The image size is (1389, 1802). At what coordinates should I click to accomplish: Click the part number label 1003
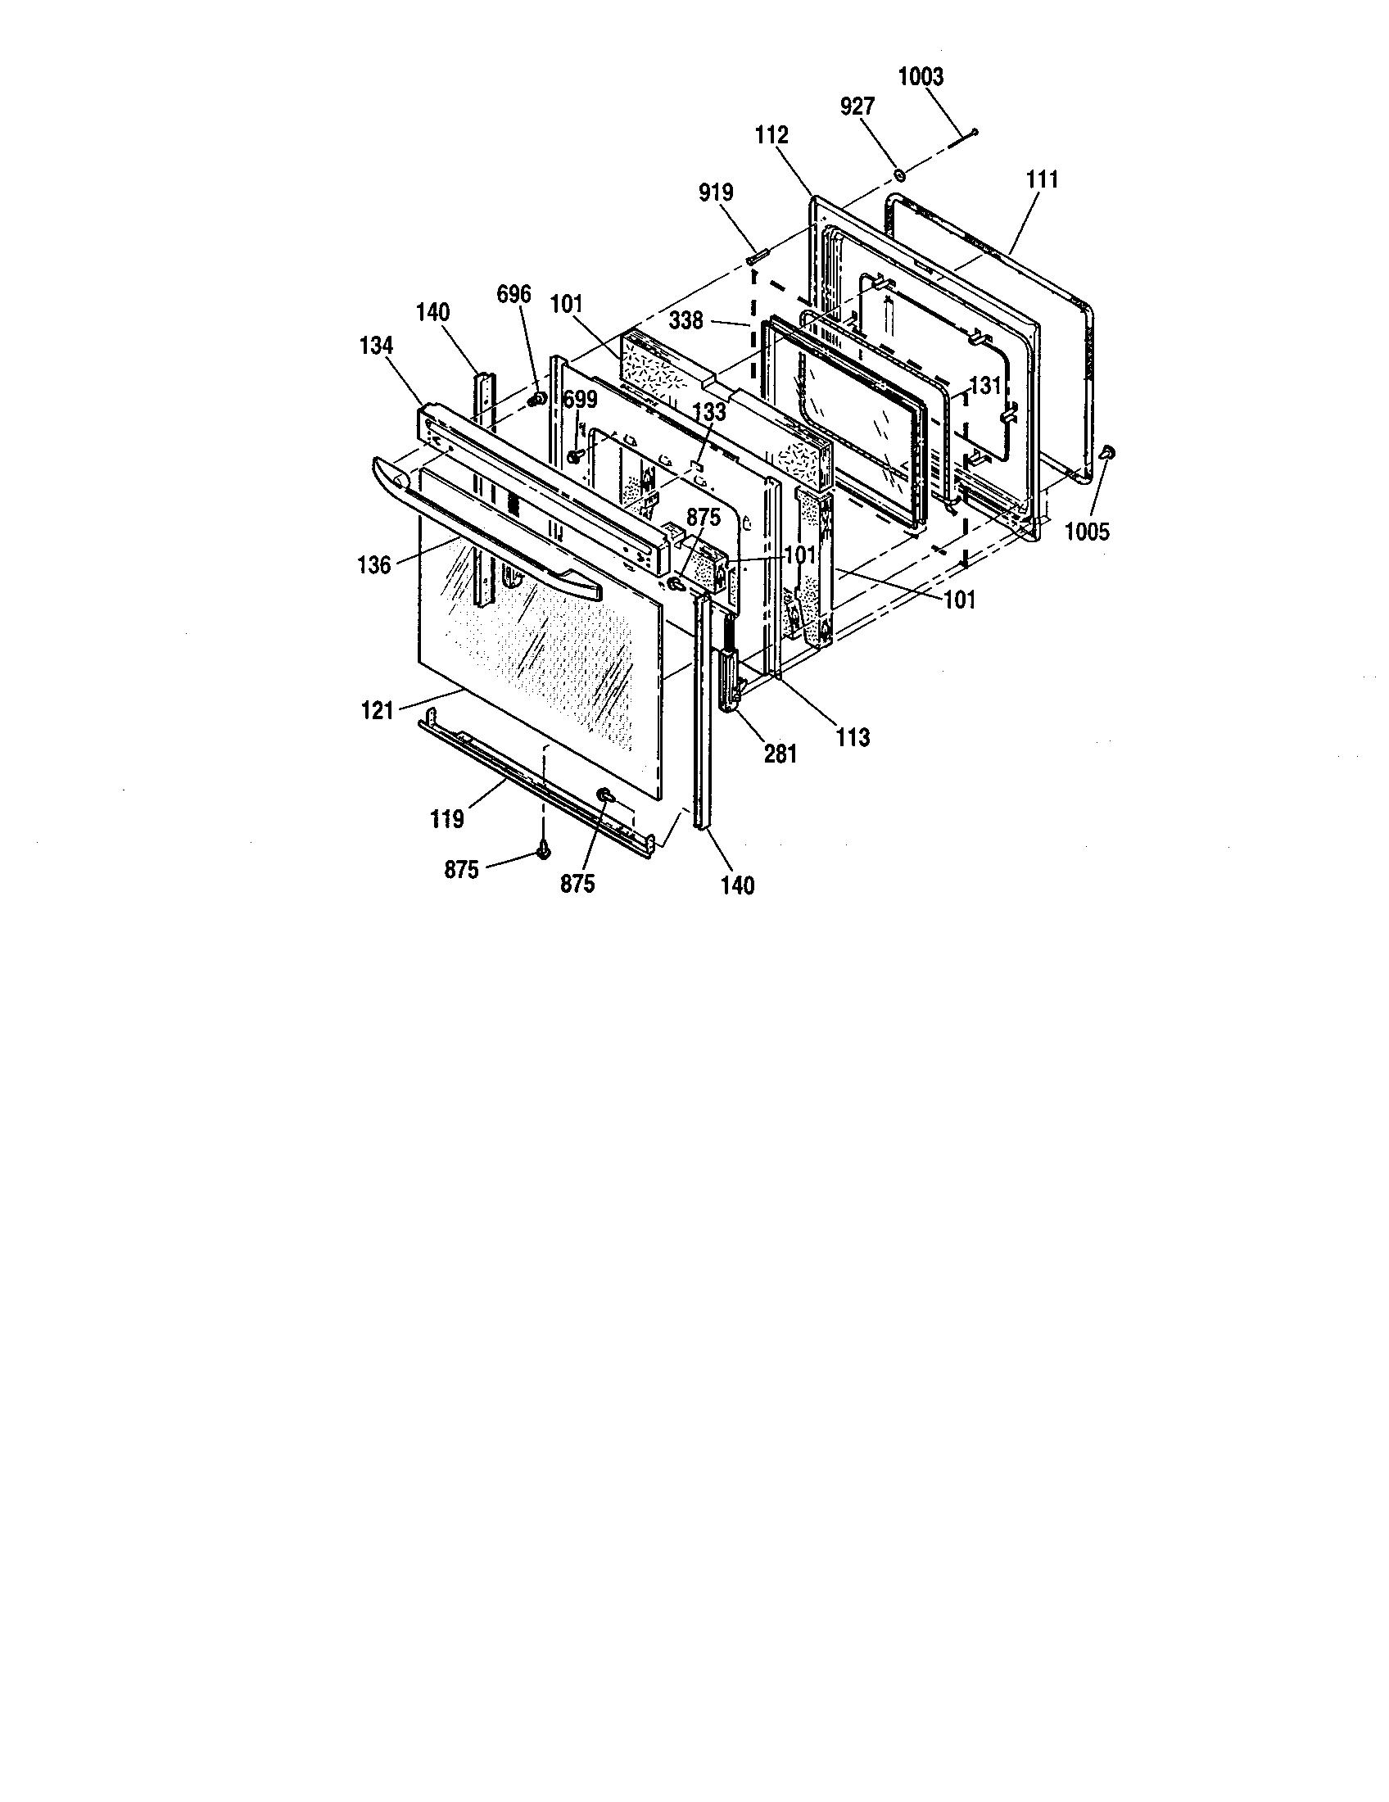click(x=920, y=77)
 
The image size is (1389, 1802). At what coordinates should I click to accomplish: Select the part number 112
click(x=771, y=134)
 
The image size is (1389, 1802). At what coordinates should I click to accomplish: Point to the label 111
click(x=1043, y=179)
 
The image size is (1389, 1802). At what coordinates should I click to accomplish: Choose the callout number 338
click(x=686, y=320)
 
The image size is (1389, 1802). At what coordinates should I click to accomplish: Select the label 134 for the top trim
click(x=376, y=346)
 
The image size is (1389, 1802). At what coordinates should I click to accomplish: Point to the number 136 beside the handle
click(x=373, y=566)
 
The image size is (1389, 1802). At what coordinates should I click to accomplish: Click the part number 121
click(x=377, y=709)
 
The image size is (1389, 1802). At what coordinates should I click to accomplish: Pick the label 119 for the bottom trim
click(x=446, y=818)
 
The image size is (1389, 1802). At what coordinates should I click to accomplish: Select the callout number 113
click(x=852, y=737)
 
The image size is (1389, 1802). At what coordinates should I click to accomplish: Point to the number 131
click(x=985, y=385)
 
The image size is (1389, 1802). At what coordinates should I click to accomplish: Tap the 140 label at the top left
click(x=433, y=313)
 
